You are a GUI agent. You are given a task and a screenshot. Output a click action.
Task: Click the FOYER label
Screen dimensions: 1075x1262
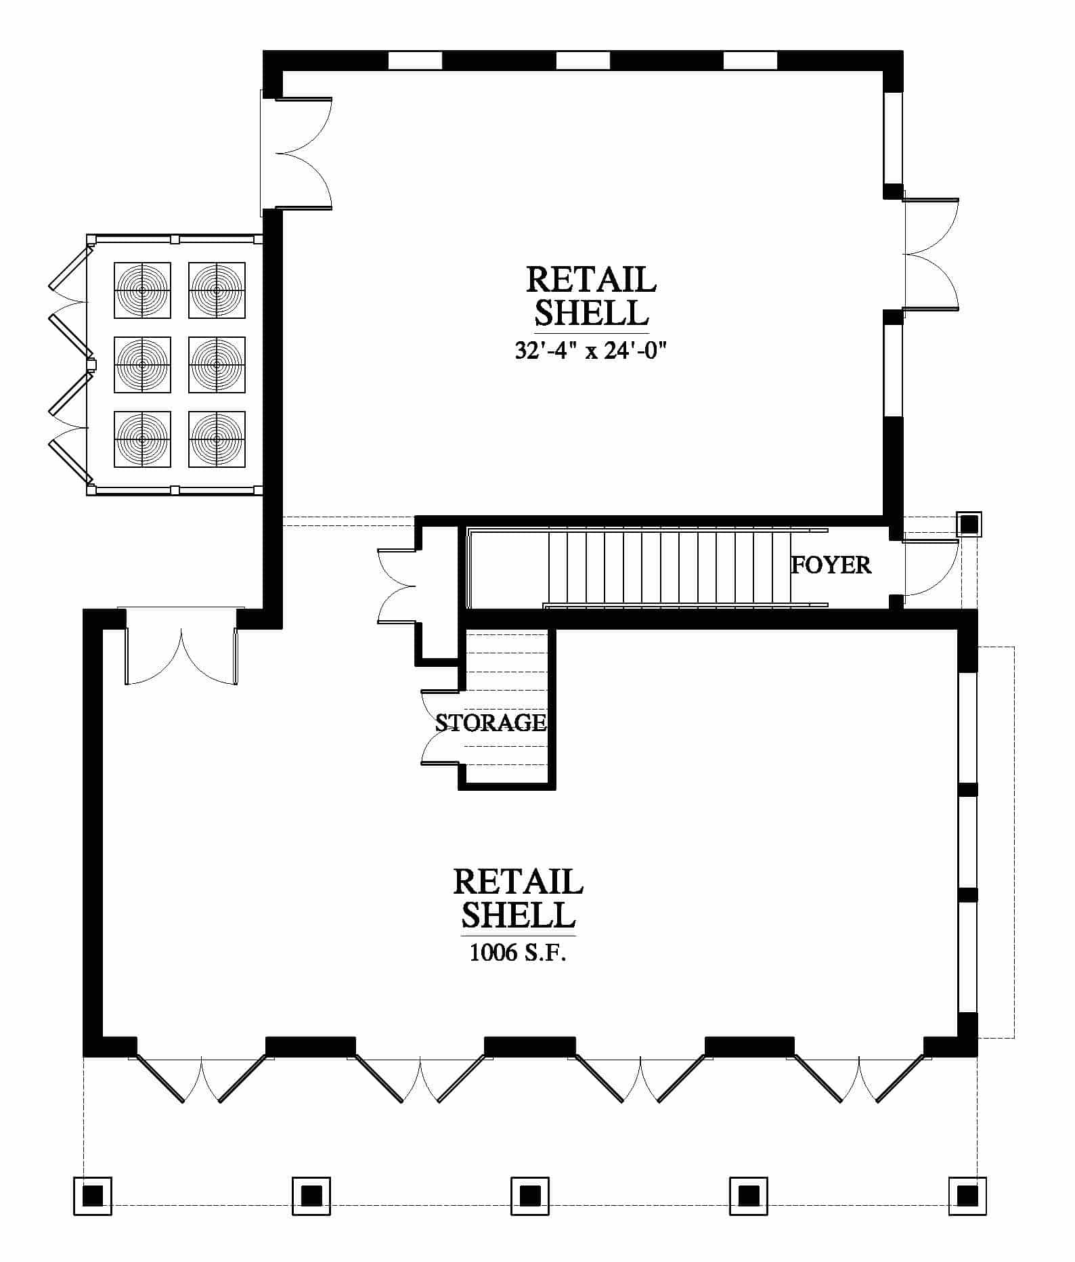pyautogui.click(x=831, y=565)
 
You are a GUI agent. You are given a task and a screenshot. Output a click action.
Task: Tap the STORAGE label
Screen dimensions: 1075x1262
pyautogui.click(x=491, y=722)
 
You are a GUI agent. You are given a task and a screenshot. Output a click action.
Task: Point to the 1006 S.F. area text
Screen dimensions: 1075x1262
pyautogui.click(x=518, y=953)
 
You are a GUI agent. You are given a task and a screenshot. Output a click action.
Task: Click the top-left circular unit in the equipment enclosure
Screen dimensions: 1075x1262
pyautogui.click(x=142, y=290)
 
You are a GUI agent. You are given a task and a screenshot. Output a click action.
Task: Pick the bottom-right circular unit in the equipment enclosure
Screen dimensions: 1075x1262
pyautogui.click(x=217, y=439)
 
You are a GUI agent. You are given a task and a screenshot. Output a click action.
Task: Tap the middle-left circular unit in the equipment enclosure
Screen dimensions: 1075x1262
pyautogui.click(x=142, y=364)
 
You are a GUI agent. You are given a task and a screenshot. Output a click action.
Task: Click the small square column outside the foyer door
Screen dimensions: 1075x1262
pyautogui.click(x=969, y=524)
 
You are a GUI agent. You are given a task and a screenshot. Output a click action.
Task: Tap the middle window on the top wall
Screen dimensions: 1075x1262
pyautogui.click(x=583, y=60)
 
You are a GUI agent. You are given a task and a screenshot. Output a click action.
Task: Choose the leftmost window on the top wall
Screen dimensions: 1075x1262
pyautogui.click(x=415, y=60)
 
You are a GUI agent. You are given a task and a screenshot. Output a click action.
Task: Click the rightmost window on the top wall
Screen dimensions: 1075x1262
pyautogui.click(x=750, y=60)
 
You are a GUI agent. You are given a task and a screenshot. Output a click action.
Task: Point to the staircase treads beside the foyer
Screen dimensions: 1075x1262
pyautogui.click(x=670, y=567)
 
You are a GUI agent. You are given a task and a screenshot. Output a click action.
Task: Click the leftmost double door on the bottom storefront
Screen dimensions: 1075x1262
pyautogui.click(x=201, y=1079)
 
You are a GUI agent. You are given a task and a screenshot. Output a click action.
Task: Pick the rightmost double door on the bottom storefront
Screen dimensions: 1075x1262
pyautogui.click(x=859, y=1079)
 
